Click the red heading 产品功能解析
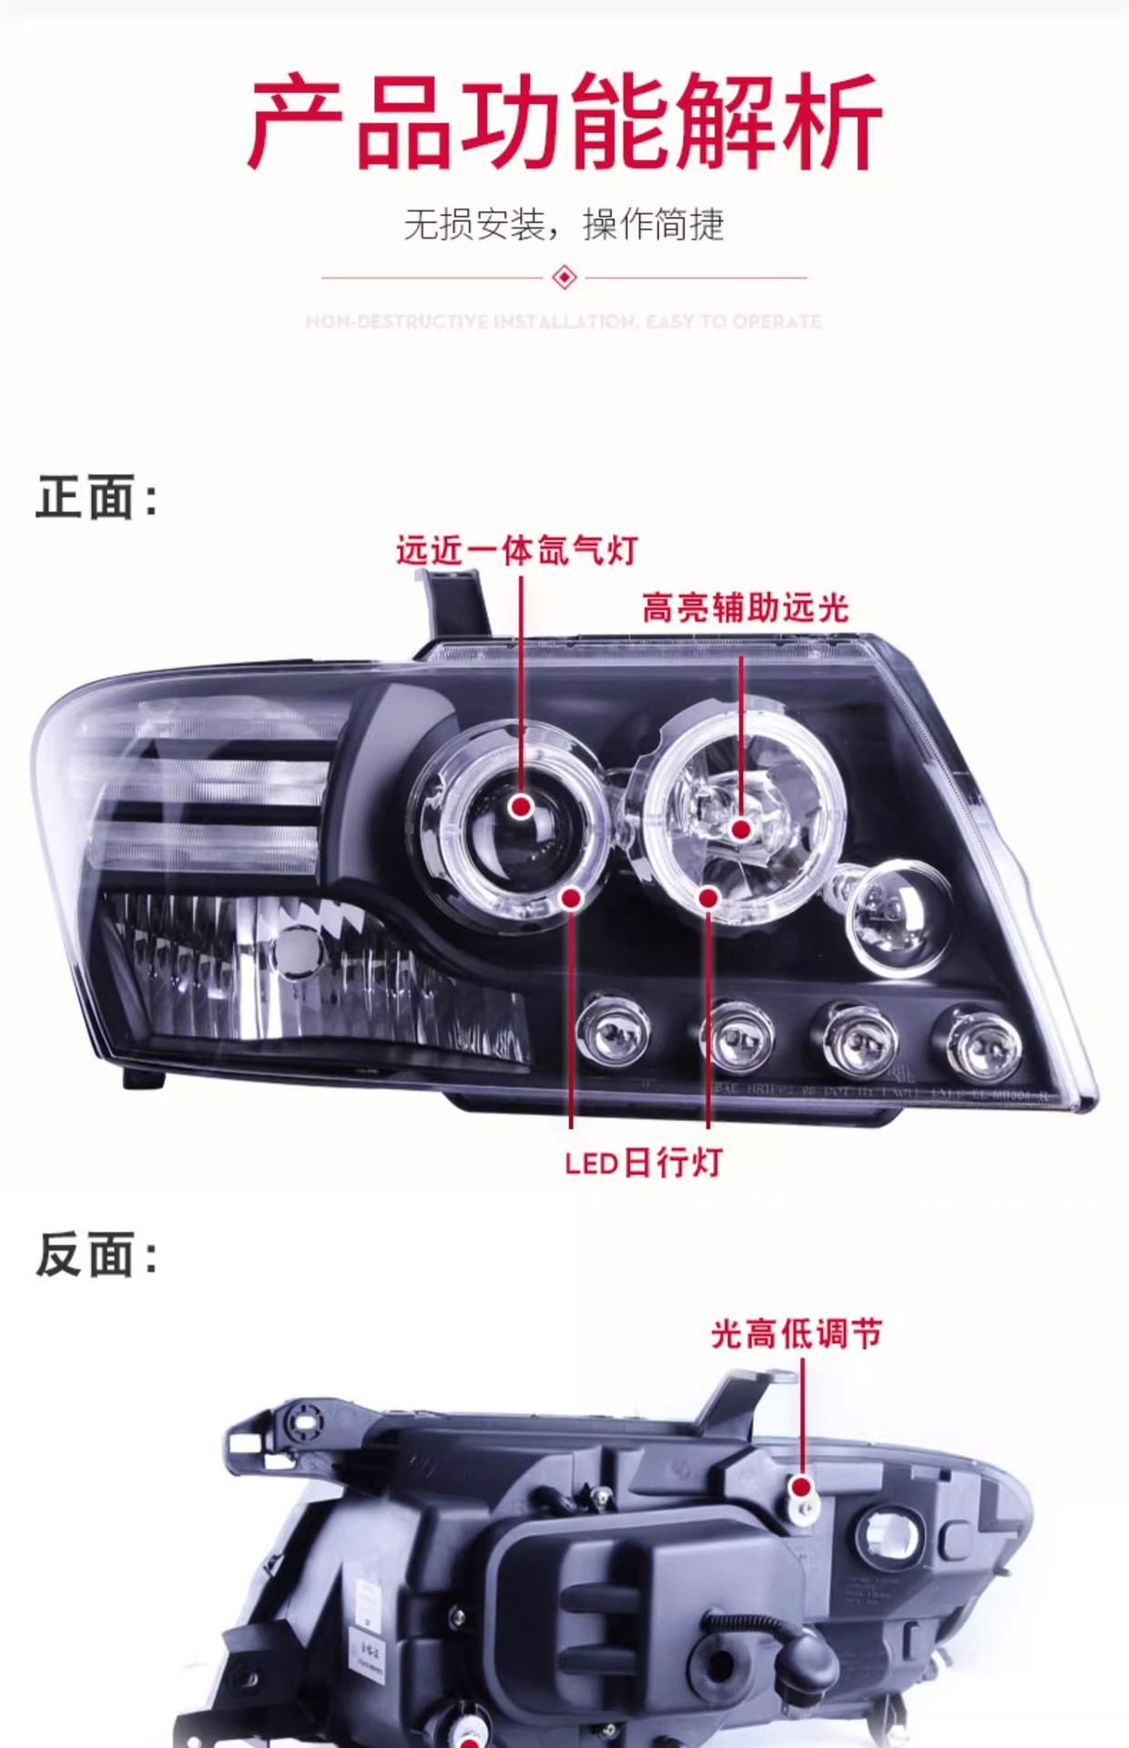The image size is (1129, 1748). (564, 123)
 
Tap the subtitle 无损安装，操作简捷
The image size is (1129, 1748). (564, 224)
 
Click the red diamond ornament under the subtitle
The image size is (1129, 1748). (564, 277)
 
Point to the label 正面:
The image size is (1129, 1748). (97, 498)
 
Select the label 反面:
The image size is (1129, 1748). (97, 1255)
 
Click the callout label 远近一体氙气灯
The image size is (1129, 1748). (516, 551)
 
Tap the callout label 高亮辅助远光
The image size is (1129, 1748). (745, 607)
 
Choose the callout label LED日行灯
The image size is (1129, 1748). (643, 1163)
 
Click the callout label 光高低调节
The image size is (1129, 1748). (797, 1334)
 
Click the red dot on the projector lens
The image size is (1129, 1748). (522, 807)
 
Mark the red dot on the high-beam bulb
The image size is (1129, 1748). (741, 828)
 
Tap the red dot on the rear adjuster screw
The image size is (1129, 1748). (801, 1487)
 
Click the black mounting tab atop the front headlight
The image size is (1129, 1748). (455, 605)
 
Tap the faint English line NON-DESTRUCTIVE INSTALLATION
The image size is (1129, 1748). (564, 322)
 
